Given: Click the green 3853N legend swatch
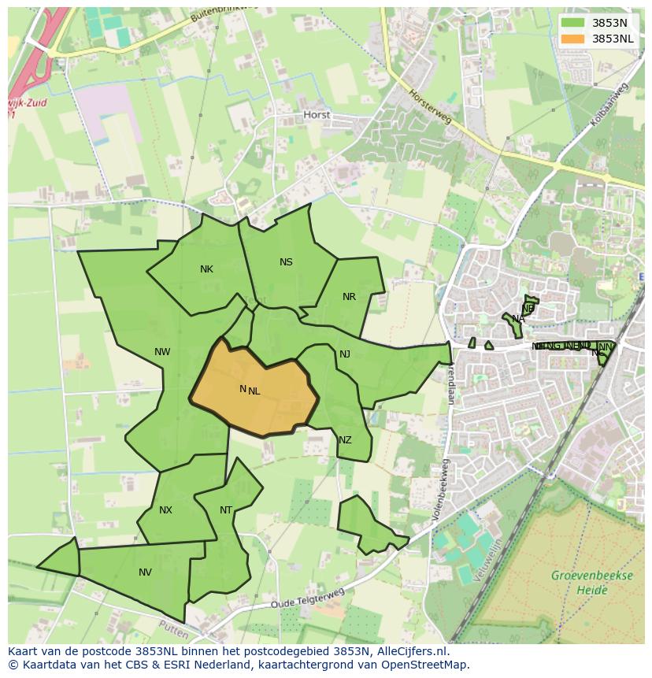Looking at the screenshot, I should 573,23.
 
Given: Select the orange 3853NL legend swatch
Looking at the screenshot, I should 573,39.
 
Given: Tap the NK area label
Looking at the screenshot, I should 206,269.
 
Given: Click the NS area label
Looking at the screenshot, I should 286,262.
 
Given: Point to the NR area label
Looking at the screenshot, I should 349,297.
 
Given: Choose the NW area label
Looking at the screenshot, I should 162,352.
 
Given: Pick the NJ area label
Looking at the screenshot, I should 345,354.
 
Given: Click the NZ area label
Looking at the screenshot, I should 345,440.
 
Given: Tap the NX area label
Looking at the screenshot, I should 165,510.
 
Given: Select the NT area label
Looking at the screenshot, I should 226,510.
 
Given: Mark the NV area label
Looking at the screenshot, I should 145,572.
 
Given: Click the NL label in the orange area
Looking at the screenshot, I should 254,391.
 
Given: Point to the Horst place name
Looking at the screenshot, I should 317,115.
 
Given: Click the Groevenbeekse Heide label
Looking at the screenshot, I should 591,582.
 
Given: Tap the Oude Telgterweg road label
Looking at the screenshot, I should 308,598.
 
